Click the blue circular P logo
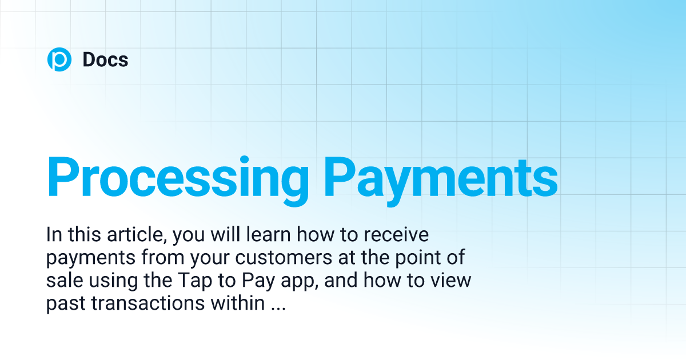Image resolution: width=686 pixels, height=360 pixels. pos(59,60)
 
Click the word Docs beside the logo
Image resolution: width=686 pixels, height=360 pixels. pos(105,60)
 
